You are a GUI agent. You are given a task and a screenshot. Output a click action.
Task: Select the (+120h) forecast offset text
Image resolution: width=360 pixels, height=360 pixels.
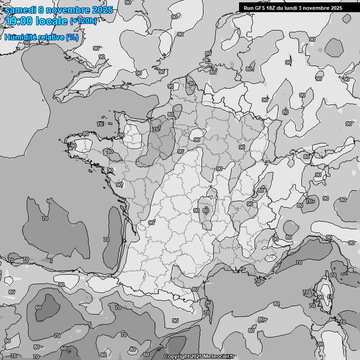[83, 21]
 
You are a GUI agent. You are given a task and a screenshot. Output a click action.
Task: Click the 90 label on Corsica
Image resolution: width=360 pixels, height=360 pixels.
[320, 297]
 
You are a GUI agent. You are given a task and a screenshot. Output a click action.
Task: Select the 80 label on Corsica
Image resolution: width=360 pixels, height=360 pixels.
[330, 296]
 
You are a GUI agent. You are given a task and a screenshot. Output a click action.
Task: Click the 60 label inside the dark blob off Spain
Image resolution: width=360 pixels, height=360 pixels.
[38, 308]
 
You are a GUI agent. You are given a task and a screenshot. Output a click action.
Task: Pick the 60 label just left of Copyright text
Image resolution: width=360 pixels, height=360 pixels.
[146, 355]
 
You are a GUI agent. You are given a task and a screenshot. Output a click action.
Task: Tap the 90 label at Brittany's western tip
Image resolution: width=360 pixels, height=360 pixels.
[74, 146]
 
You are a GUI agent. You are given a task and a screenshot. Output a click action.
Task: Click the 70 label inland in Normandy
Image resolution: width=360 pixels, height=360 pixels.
[156, 129]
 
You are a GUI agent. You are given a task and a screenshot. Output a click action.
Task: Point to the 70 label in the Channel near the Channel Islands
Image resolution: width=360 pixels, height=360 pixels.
[100, 124]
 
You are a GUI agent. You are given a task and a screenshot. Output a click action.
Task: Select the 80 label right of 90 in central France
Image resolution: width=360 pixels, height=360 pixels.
[205, 210]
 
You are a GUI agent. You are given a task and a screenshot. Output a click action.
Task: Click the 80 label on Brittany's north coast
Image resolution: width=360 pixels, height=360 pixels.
[86, 134]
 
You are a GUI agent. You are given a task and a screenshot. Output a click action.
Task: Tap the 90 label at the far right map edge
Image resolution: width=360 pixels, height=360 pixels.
[349, 124]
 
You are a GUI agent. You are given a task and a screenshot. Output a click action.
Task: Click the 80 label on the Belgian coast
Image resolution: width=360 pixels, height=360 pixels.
[192, 83]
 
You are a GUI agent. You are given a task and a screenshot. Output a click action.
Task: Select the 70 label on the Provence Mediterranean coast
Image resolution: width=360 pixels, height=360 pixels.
[257, 281]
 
